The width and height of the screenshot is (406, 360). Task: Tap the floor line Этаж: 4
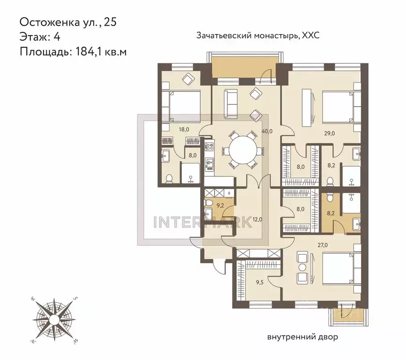pyautogui.click(x=40, y=37)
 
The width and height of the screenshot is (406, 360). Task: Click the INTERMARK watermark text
pyautogui.click(x=203, y=220)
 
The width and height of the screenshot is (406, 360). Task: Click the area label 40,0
pyautogui.click(x=268, y=131)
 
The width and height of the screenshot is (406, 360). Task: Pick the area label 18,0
pyautogui.click(x=183, y=129)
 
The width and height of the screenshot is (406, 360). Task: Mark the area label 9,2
pyautogui.click(x=220, y=204)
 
